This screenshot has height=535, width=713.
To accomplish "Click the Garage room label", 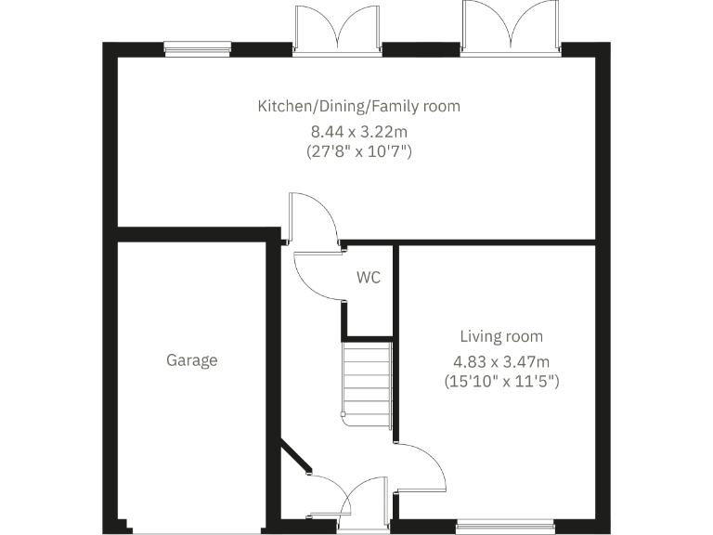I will click(192, 360).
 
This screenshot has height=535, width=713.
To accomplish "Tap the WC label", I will click(368, 277).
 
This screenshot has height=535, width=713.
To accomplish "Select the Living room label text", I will click(501, 336).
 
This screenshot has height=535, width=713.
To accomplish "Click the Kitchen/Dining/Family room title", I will click(358, 107).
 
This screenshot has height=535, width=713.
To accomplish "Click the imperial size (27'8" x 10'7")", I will click(358, 150).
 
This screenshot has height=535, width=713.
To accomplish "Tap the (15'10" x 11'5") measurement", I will click(501, 381).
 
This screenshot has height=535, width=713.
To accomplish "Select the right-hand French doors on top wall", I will click(511, 26).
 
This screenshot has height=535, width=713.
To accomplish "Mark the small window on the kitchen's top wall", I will click(197, 49).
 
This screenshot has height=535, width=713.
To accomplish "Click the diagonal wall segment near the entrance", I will click(296, 463).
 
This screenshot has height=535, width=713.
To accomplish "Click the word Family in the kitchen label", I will click(399, 107).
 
